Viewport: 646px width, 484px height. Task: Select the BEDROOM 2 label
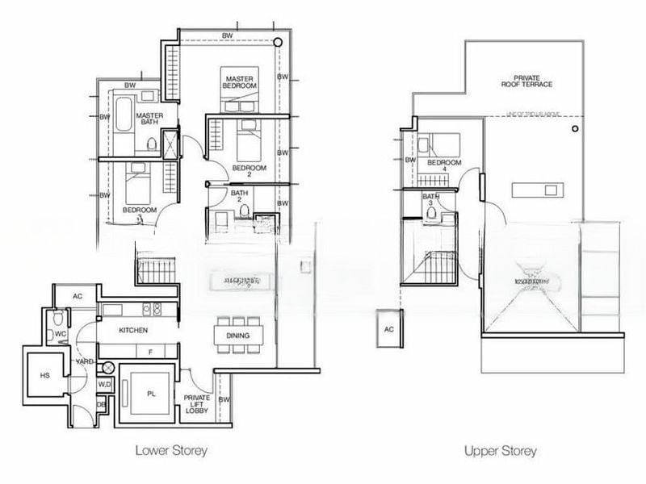click(243, 170)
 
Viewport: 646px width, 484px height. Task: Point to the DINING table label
click(237, 336)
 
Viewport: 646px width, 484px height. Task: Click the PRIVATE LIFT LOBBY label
click(197, 404)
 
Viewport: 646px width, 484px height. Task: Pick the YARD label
click(83, 362)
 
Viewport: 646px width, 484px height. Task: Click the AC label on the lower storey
click(78, 296)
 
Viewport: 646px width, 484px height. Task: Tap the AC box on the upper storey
click(388, 330)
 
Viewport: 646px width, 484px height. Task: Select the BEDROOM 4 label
click(443, 166)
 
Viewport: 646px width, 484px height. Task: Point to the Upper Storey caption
click(501, 450)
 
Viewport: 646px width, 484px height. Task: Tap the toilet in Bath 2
click(243, 211)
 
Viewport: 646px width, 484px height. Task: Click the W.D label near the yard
click(103, 385)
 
